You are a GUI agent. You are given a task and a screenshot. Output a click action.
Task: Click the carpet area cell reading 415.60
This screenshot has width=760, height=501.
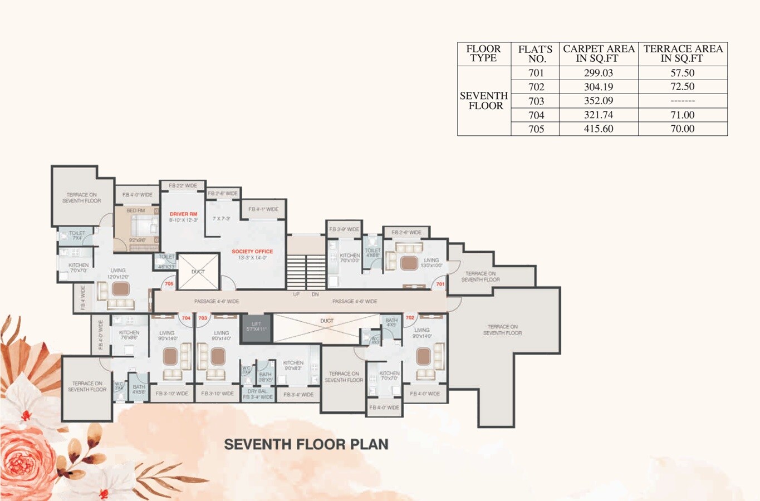(598, 129)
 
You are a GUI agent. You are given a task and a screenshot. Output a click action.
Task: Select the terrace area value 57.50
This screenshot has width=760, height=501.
(682, 73)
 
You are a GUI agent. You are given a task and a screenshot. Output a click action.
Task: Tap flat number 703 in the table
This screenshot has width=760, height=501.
(536, 101)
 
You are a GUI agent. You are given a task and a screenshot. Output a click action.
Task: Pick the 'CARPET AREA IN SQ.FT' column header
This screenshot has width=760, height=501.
(599, 53)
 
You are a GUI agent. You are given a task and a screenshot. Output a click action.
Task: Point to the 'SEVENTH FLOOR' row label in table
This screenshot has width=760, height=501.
(484, 101)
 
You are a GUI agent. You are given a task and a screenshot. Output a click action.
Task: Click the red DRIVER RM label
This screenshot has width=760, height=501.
(183, 214)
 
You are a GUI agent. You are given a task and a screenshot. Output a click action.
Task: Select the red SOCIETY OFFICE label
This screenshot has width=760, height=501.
(252, 252)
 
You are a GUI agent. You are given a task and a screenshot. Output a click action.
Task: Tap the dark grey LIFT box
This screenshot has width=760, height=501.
(256, 326)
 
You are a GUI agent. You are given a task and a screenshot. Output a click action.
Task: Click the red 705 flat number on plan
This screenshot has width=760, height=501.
(169, 284)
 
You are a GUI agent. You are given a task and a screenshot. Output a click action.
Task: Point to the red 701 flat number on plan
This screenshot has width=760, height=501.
(440, 284)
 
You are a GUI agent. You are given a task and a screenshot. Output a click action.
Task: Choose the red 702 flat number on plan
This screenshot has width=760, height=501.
(410, 318)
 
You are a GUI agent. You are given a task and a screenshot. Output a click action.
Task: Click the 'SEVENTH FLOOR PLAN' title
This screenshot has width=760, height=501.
(306, 444)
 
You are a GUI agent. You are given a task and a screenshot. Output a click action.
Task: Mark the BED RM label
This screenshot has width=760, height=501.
(135, 210)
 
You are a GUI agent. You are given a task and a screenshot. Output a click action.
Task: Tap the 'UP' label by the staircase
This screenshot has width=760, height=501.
(296, 294)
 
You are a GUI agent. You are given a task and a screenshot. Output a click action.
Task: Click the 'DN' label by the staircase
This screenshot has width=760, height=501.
(315, 294)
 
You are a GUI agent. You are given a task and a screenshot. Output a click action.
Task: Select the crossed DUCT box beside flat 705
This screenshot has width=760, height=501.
(198, 272)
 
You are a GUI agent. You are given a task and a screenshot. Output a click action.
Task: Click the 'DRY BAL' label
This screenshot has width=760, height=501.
(257, 391)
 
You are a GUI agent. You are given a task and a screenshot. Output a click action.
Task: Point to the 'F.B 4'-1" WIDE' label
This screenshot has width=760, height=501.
(263, 209)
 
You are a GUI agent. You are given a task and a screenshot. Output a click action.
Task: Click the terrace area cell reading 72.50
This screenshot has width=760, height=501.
(682, 87)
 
